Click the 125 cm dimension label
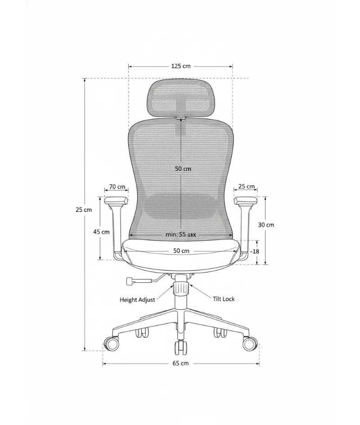click(x=181, y=66)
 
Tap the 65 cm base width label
click(x=180, y=363)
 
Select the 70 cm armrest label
click(x=117, y=187)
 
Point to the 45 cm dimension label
click(x=101, y=232)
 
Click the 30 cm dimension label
click(x=266, y=225)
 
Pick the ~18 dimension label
click(x=254, y=251)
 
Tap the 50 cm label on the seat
click(x=181, y=251)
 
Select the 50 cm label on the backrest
click(x=183, y=169)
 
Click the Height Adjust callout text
click(x=137, y=300)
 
